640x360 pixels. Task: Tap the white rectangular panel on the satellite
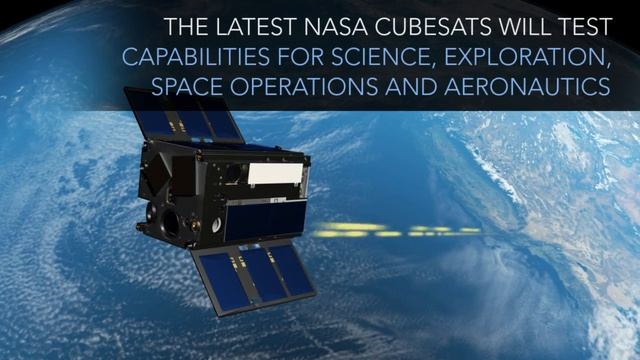(272, 174)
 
